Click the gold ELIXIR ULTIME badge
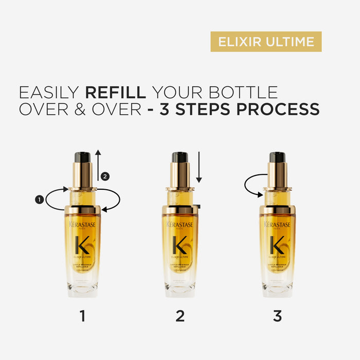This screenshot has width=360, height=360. point(266,42)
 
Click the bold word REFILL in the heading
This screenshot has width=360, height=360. point(116,93)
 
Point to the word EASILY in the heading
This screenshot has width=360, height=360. point(49,93)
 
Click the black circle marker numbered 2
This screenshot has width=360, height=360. point(105,176)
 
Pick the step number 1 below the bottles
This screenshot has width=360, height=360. point(82,316)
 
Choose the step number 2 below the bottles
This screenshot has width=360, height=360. point(180,316)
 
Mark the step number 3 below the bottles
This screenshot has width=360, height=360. point(277,316)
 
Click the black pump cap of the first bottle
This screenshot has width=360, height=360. point(82,157)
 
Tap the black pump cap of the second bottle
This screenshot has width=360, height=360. point(179,157)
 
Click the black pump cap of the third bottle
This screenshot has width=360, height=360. point(277,157)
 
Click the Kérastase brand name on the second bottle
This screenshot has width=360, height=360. point(179,225)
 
